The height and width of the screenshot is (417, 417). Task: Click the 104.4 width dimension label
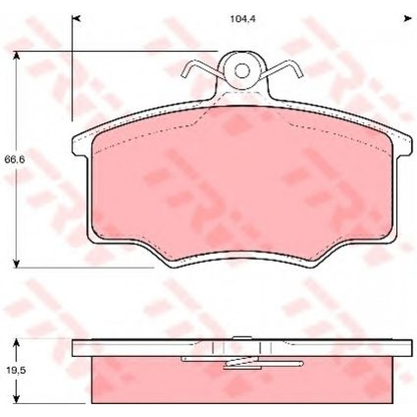pos(243,19)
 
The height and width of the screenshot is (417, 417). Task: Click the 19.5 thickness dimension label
pos(16,370)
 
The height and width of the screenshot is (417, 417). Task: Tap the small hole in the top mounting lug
pos(242,71)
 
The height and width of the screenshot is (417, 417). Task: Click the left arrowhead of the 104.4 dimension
pos(76,19)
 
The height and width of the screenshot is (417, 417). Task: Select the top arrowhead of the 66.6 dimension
pos(17,56)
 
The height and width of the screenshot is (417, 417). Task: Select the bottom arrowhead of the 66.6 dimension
pos(17,263)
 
